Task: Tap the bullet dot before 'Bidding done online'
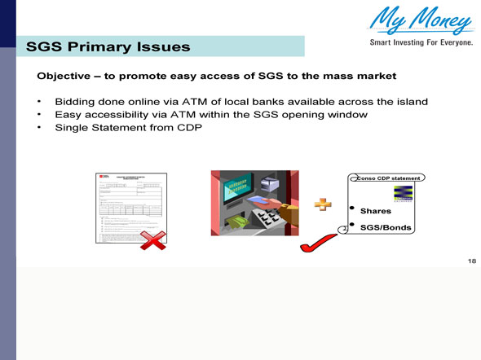[x=39, y=102]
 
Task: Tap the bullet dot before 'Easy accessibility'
[x=39, y=115]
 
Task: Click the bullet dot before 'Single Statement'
[x=39, y=129]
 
